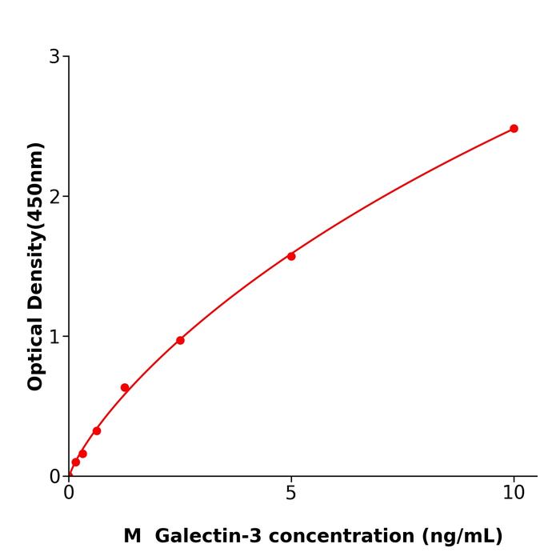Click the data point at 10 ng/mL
click(x=514, y=128)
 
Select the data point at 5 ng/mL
click(x=291, y=256)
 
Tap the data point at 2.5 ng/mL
click(x=180, y=340)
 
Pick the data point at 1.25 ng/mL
click(x=125, y=387)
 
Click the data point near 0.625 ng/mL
click(x=97, y=430)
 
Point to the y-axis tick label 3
click(x=54, y=56)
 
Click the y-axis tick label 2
click(x=54, y=196)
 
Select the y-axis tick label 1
click(x=54, y=336)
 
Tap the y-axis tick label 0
click(x=54, y=476)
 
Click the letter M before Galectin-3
click(x=132, y=536)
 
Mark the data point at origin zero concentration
click(x=70, y=474)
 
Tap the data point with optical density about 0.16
click(x=82, y=454)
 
